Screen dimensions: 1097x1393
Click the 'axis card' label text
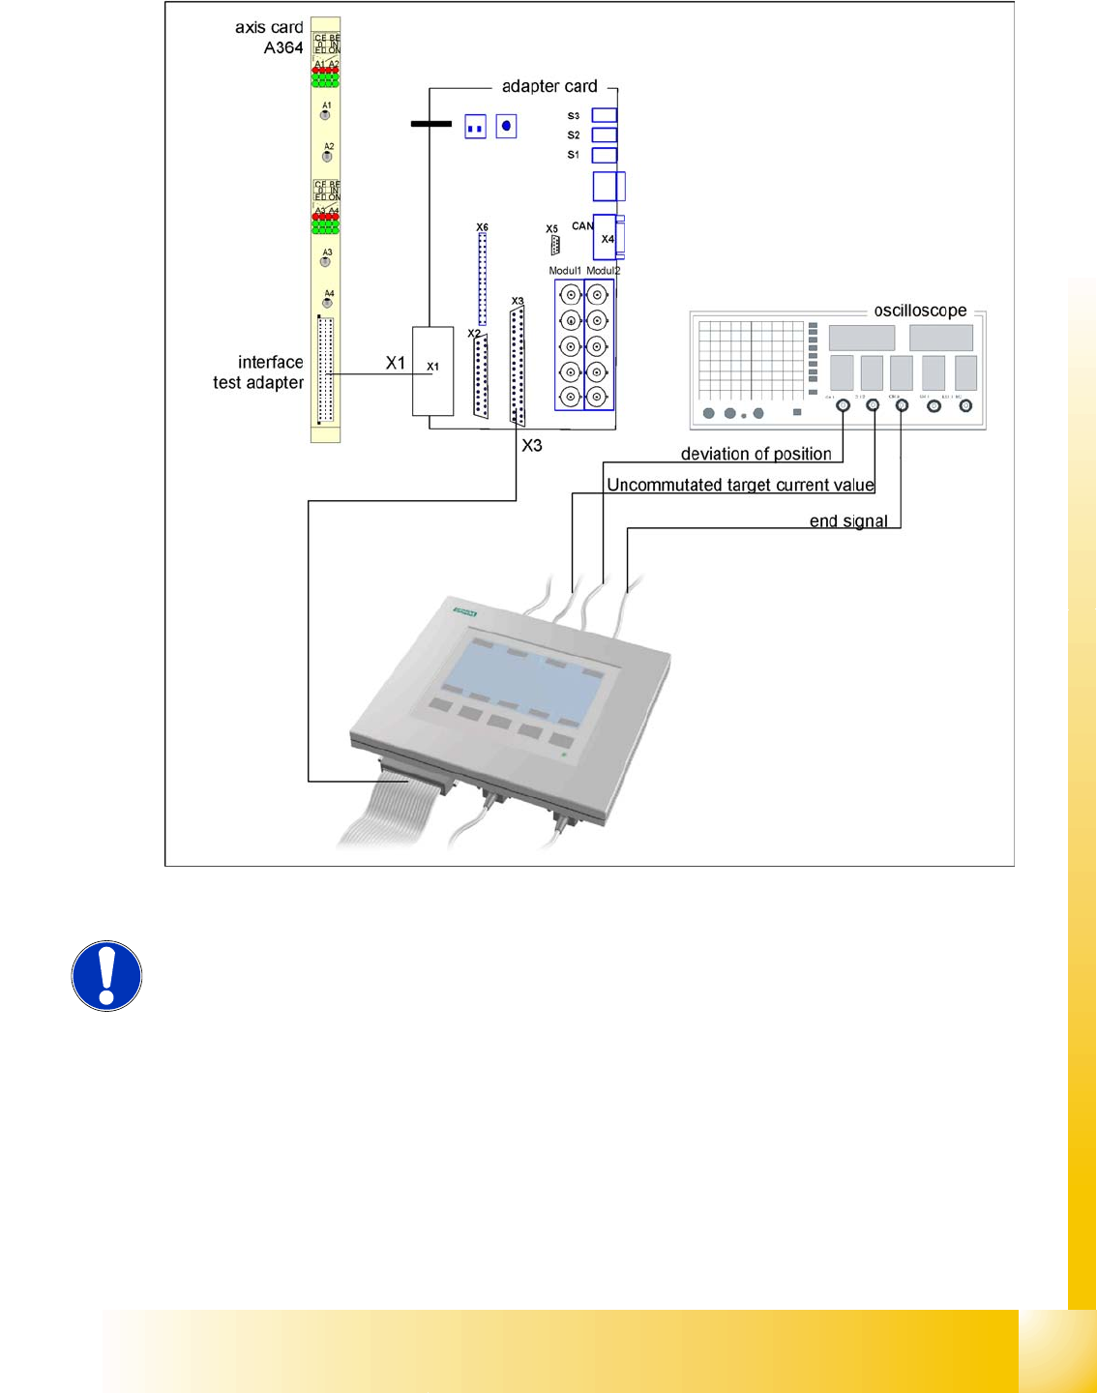269,27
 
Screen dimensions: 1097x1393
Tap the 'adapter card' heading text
549,86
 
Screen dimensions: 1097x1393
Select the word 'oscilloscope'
920,311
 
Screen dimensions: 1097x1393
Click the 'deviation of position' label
756,454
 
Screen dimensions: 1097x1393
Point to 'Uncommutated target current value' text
740,485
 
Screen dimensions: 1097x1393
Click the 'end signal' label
848,521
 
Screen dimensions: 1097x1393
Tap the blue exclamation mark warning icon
106,976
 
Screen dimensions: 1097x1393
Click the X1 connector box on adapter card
432,370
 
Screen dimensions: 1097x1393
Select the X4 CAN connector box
606,237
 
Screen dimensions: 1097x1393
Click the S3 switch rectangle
605,115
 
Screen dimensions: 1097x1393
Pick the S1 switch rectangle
605,155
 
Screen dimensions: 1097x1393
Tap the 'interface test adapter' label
258,372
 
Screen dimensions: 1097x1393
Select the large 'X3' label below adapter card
532,446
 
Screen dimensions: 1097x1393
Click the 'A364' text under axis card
283,47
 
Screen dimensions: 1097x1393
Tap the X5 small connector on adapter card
554,245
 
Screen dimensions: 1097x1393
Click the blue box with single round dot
506,126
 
